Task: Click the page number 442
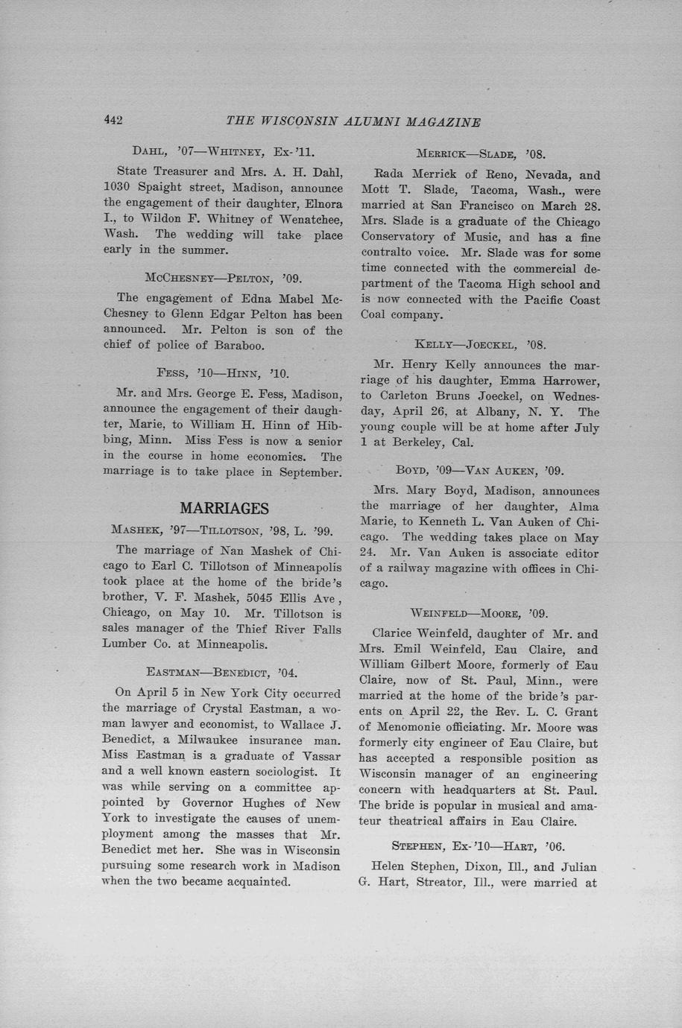pyautogui.click(x=113, y=121)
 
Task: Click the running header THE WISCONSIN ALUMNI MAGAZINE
pyautogui.click(x=353, y=122)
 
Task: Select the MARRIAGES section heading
pyautogui.click(x=224, y=508)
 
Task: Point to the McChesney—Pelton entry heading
pyautogui.click(x=222, y=279)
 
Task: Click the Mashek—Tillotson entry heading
pyautogui.click(x=221, y=530)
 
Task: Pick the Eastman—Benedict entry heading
pyautogui.click(x=222, y=673)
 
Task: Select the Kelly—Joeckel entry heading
pyautogui.click(x=481, y=345)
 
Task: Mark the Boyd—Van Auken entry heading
pyautogui.click(x=480, y=471)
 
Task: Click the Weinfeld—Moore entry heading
pyautogui.click(x=479, y=613)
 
